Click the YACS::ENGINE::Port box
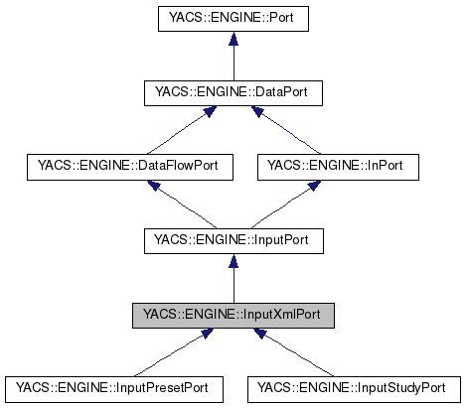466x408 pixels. [233, 18]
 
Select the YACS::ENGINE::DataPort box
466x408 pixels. [233, 93]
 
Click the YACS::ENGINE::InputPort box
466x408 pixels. [233, 240]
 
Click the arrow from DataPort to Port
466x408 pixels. [233, 60]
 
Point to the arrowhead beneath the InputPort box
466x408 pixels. [233, 260]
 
